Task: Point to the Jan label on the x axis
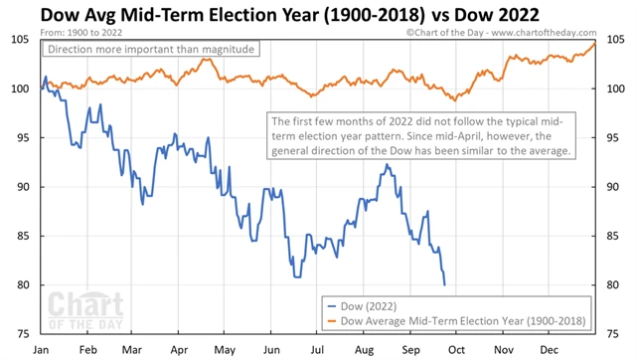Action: pyautogui.click(x=42, y=349)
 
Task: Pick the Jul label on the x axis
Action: pyautogui.click(x=316, y=349)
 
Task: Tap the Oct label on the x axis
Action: pyautogui.click(x=455, y=349)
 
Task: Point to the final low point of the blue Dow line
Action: pyautogui.click(x=444, y=285)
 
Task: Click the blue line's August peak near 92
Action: pyautogui.click(x=385, y=165)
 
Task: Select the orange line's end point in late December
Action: pyautogui.click(x=595, y=43)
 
